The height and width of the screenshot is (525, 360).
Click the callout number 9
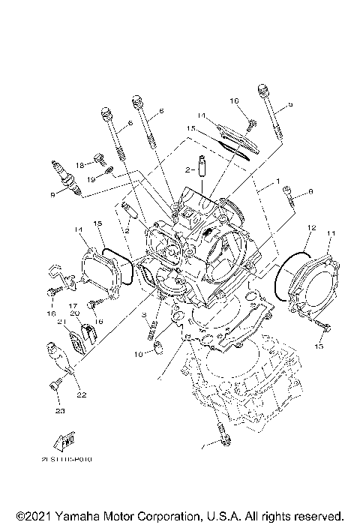(52, 195)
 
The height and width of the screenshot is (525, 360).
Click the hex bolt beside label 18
(97, 158)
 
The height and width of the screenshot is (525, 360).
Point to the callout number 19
(89, 179)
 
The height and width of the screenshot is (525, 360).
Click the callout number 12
(312, 227)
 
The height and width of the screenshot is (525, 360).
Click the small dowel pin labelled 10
(158, 346)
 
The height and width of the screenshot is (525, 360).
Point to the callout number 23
(58, 410)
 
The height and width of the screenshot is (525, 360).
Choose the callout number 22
(80, 394)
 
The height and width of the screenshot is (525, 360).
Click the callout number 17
(74, 306)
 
